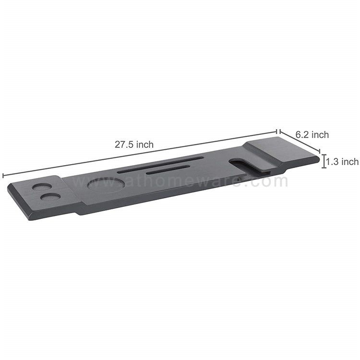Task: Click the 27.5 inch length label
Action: [x=134, y=144]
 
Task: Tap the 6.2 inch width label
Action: [x=312, y=134]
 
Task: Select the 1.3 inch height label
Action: [x=342, y=161]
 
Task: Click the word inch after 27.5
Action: [x=145, y=144]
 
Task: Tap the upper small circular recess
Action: [x=42, y=187]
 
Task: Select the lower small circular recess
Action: [x=51, y=196]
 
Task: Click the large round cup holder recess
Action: [x=106, y=184]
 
